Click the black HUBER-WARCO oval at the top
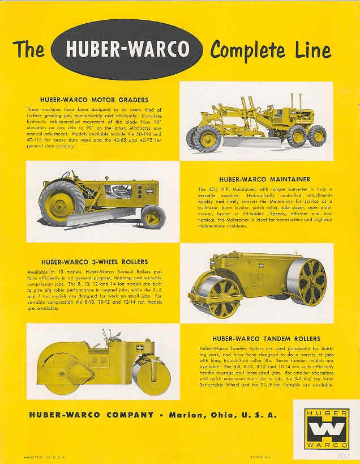tap(126, 49)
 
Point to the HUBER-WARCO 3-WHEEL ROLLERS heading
tap(95, 262)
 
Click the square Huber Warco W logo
tap(327, 428)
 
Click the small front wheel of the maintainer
tap(153, 217)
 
